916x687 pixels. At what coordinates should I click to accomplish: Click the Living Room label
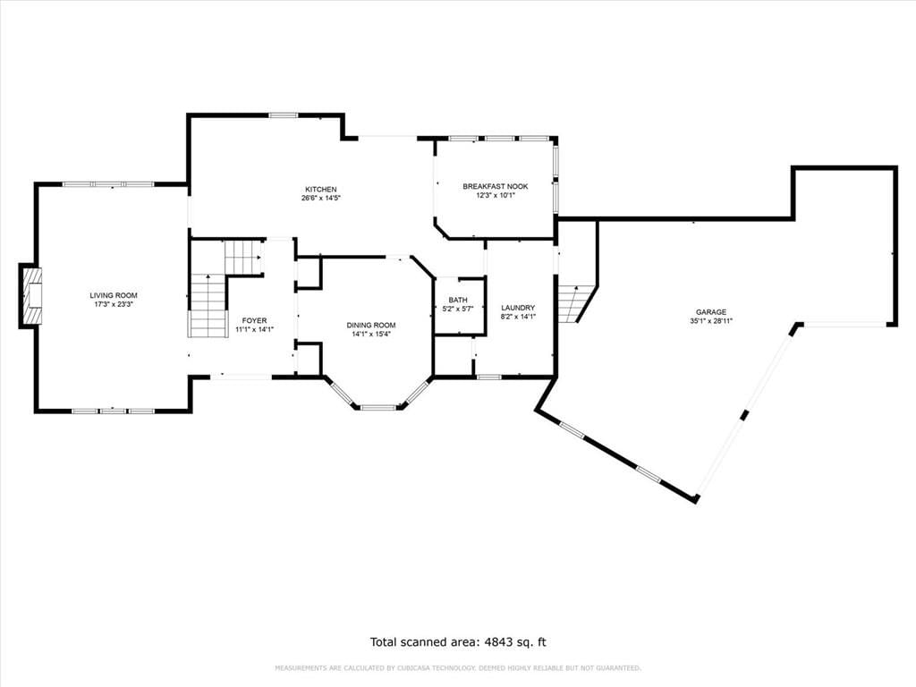tap(114, 295)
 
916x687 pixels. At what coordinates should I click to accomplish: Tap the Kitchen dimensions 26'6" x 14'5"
tap(321, 198)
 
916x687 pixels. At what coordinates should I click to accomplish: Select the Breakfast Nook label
tap(496, 186)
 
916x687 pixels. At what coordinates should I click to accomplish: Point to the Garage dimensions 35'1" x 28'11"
tap(711, 321)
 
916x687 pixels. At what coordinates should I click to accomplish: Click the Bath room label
tap(458, 301)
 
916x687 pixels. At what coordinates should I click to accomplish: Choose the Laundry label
tap(518, 308)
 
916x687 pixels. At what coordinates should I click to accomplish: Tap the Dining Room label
tap(371, 326)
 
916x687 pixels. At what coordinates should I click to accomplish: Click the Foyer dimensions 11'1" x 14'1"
tap(255, 329)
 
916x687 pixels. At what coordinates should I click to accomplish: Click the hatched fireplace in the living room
tap(31, 295)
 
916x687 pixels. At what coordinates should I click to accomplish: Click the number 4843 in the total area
tap(496, 642)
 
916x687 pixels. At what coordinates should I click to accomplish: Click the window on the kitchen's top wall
tap(284, 115)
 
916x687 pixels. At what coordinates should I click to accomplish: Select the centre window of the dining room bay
tap(378, 407)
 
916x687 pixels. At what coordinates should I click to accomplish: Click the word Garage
tap(711, 312)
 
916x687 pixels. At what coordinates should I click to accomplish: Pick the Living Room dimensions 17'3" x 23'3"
tap(114, 304)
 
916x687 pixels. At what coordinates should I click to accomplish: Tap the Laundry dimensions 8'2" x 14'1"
tap(518, 317)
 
